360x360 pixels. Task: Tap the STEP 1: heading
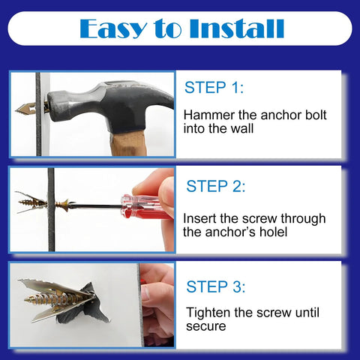214,88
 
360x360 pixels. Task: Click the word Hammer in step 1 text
209,115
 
